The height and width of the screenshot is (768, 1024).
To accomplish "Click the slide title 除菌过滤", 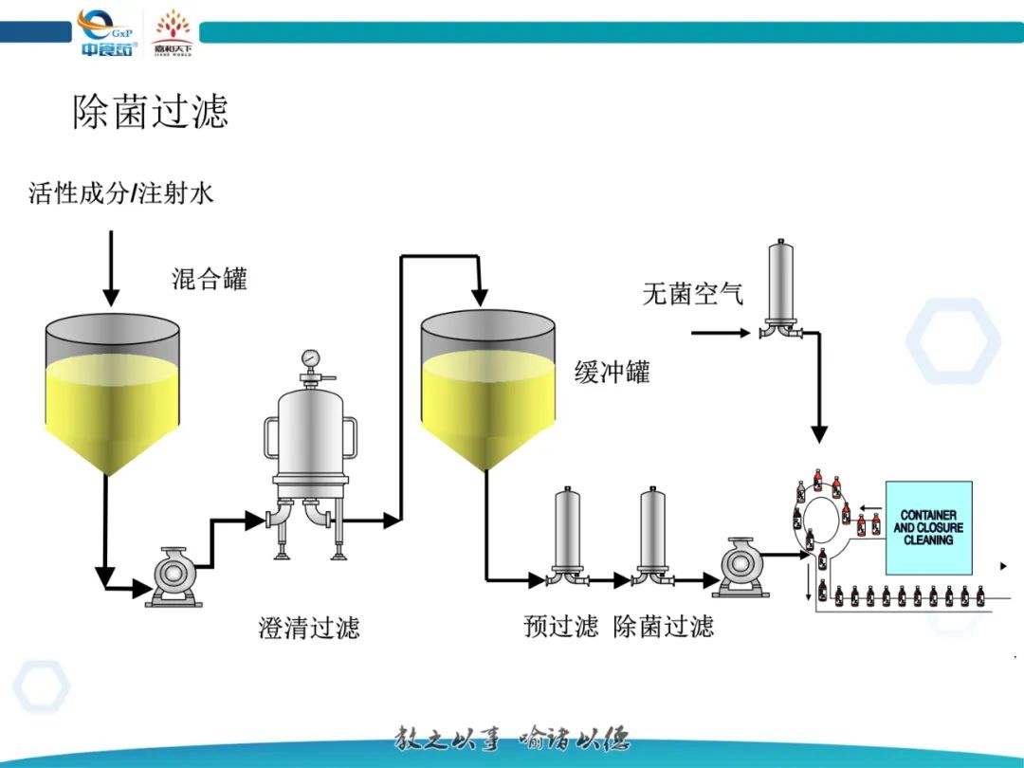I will [x=151, y=112].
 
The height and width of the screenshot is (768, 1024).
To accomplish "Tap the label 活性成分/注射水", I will [x=121, y=194].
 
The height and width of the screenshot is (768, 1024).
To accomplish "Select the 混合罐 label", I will [x=209, y=279].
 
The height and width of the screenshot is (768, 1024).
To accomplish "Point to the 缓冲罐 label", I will [x=613, y=372].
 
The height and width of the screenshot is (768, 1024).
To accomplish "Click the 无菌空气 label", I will [x=693, y=294].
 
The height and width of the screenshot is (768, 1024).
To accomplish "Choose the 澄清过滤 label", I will [x=309, y=628].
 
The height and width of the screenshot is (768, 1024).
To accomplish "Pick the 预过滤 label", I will [x=561, y=626].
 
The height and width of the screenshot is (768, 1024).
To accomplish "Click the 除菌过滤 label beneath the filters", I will [x=664, y=626].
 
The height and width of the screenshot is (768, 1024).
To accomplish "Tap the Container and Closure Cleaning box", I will [x=928, y=528].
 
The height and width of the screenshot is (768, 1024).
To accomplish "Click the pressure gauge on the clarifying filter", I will [x=309, y=360].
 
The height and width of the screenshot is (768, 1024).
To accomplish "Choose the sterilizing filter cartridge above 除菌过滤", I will [x=652, y=531].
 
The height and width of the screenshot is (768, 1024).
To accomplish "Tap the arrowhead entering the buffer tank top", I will [x=481, y=298].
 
